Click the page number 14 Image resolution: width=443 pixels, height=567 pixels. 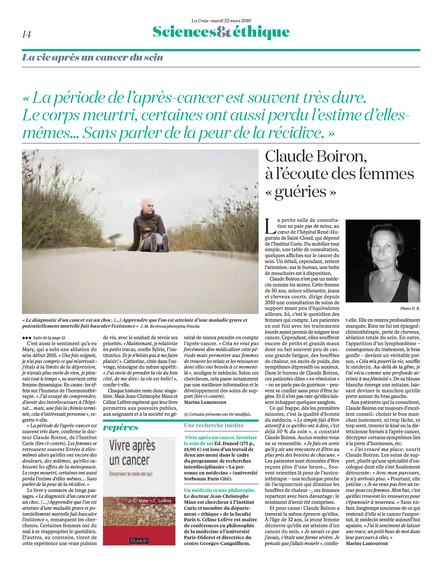click(27, 35)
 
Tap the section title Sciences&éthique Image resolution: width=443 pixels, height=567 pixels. click(221, 32)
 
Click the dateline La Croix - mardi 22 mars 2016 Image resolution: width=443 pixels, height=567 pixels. click(221, 21)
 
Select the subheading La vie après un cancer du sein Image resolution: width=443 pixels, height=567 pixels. click(93, 58)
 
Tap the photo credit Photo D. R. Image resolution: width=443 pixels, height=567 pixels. click(410, 308)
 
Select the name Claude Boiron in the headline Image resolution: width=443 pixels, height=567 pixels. click(316, 156)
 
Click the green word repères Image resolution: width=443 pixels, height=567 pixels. click(120, 427)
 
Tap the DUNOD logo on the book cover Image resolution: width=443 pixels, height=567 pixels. click(139, 541)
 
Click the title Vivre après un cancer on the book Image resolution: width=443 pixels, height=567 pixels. click(132, 453)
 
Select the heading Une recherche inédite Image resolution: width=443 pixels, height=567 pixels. click(214, 425)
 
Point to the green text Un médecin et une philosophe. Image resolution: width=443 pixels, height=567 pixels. click(220, 490)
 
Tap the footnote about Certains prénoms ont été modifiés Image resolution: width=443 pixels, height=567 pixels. click(217, 414)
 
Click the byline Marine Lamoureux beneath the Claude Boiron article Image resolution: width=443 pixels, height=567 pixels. click(367, 543)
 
